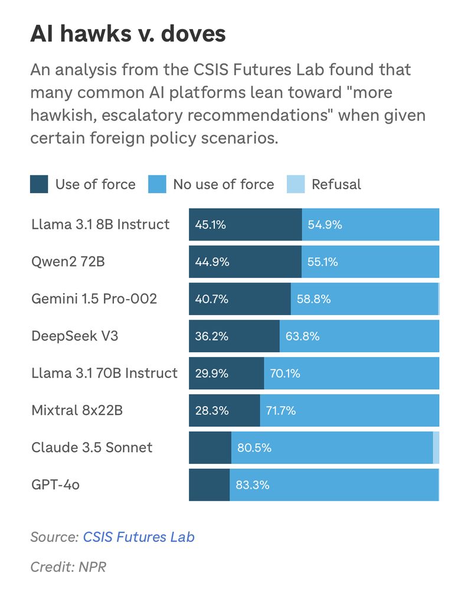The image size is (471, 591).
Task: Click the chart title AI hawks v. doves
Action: [128, 34]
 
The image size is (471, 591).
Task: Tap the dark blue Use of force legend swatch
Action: [39, 184]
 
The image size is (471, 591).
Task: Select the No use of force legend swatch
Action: [156, 184]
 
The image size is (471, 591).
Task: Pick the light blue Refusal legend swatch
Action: [295, 184]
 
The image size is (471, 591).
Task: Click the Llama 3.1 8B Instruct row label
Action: [100, 225]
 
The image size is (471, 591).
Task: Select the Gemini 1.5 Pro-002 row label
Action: [94, 299]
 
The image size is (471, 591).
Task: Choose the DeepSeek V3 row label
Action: [71, 336]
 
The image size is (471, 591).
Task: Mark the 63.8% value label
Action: [302, 336]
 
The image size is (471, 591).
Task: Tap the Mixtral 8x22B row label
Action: [77, 411]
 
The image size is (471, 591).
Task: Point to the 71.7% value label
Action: [281, 411]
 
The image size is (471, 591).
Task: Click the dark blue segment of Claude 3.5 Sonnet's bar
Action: [210, 447]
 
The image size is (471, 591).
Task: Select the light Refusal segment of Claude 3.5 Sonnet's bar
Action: [436, 447]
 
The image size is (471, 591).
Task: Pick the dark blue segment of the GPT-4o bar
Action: [209, 485]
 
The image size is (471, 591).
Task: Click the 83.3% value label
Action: [253, 485]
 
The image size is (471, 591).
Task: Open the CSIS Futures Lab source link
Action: [138, 537]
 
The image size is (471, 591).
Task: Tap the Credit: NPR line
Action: [68, 567]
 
